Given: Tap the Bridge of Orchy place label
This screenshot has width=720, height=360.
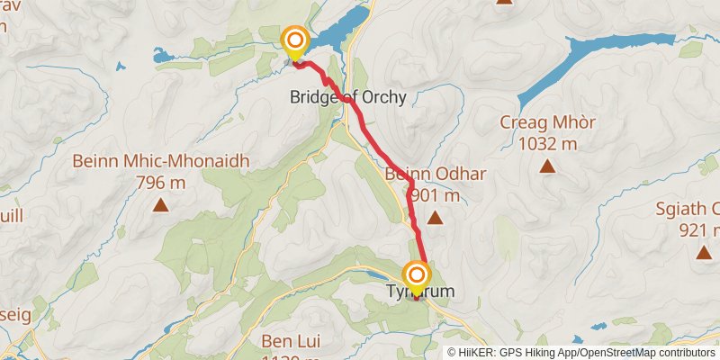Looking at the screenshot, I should (347, 97).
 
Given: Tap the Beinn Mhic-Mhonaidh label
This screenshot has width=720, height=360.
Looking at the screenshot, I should (161, 162).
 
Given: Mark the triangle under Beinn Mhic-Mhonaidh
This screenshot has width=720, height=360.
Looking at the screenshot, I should (160, 204).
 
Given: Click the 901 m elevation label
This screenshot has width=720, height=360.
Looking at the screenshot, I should (434, 195).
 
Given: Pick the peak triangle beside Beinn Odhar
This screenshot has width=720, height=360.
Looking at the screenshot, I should (436, 217).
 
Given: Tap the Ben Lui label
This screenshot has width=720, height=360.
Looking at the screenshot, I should (286, 341).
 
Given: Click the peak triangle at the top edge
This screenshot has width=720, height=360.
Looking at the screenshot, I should (504, 2).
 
